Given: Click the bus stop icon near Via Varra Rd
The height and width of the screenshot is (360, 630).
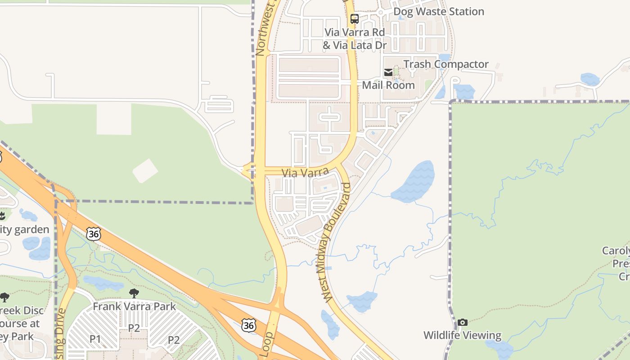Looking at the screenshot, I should tap(355, 19).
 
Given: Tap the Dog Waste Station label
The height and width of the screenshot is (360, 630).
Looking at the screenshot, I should tap(439, 12).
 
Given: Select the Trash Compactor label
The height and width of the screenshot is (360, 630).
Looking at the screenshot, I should tap(445, 64).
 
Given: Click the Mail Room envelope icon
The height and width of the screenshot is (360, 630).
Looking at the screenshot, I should tap(388, 72).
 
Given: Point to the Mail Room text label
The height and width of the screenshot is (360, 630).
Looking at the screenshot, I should tap(388, 85).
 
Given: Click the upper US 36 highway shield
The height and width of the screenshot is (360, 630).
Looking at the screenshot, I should tap(94, 234).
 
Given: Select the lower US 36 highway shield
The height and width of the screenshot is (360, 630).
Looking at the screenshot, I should tap(249, 325).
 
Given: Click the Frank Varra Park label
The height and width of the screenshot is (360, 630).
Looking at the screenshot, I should tap(134, 307).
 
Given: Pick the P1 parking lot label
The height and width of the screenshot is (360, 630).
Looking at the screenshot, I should tap(95, 339).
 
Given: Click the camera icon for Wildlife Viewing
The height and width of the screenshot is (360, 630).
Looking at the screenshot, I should tap(462, 322).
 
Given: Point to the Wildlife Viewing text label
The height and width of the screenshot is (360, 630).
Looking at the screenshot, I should tap(462, 335).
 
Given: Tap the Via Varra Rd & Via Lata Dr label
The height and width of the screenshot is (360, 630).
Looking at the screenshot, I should tap(355, 39).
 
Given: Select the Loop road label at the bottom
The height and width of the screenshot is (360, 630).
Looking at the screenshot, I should tap(267, 345).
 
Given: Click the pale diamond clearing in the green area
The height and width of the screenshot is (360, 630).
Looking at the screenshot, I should tap(145, 171).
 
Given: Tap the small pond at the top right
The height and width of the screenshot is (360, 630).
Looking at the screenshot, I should tap(590, 79).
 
